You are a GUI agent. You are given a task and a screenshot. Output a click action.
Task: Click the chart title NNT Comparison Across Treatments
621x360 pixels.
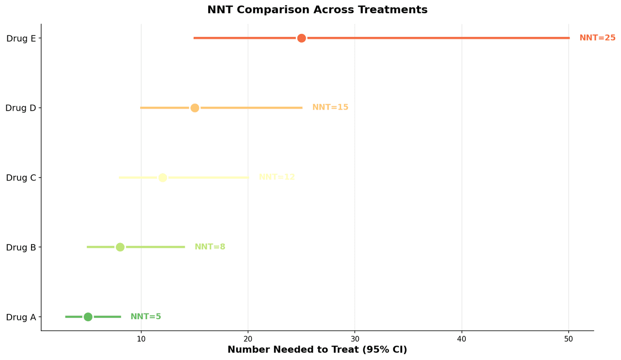tap(317, 10)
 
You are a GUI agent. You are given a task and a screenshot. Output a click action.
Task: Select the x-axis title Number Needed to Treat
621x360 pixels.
tap(317, 350)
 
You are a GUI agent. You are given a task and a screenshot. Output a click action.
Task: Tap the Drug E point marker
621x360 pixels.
tap(301, 38)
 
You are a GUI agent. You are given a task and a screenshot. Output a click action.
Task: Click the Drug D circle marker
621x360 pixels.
tap(195, 108)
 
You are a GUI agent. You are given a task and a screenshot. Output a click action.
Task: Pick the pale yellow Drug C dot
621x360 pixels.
tap(163, 178)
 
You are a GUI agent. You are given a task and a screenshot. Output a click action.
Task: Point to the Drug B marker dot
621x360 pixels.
tap(120, 247)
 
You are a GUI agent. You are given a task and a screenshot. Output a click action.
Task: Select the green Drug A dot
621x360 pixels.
tap(88, 317)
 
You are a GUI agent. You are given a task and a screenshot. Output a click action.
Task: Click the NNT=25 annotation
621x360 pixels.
tap(597, 38)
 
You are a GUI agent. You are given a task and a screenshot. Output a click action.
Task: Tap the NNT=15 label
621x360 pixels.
tap(330, 107)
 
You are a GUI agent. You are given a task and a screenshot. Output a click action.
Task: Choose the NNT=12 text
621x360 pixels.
tap(277, 177)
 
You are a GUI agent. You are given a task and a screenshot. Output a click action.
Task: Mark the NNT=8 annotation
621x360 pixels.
tap(210, 247)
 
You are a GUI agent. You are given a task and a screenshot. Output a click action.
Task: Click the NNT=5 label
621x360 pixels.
tap(146, 317)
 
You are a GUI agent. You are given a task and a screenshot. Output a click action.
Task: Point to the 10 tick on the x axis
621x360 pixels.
tap(141, 339)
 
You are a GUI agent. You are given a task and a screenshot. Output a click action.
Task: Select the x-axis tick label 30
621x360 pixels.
tap(355, 339)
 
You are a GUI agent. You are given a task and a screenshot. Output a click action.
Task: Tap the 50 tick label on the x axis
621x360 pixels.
tap(569, 339)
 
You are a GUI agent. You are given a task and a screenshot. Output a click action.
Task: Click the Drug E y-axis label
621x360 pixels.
tap(21, 38)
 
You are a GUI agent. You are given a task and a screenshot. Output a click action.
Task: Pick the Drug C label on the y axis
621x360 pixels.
tap(21, 178)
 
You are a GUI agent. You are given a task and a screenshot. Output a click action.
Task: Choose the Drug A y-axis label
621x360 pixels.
tap(21, 317)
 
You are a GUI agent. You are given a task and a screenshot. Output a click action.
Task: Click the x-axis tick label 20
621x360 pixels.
tap(248, 339)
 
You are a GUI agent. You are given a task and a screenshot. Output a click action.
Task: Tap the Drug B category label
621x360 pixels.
tap(21, 247)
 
